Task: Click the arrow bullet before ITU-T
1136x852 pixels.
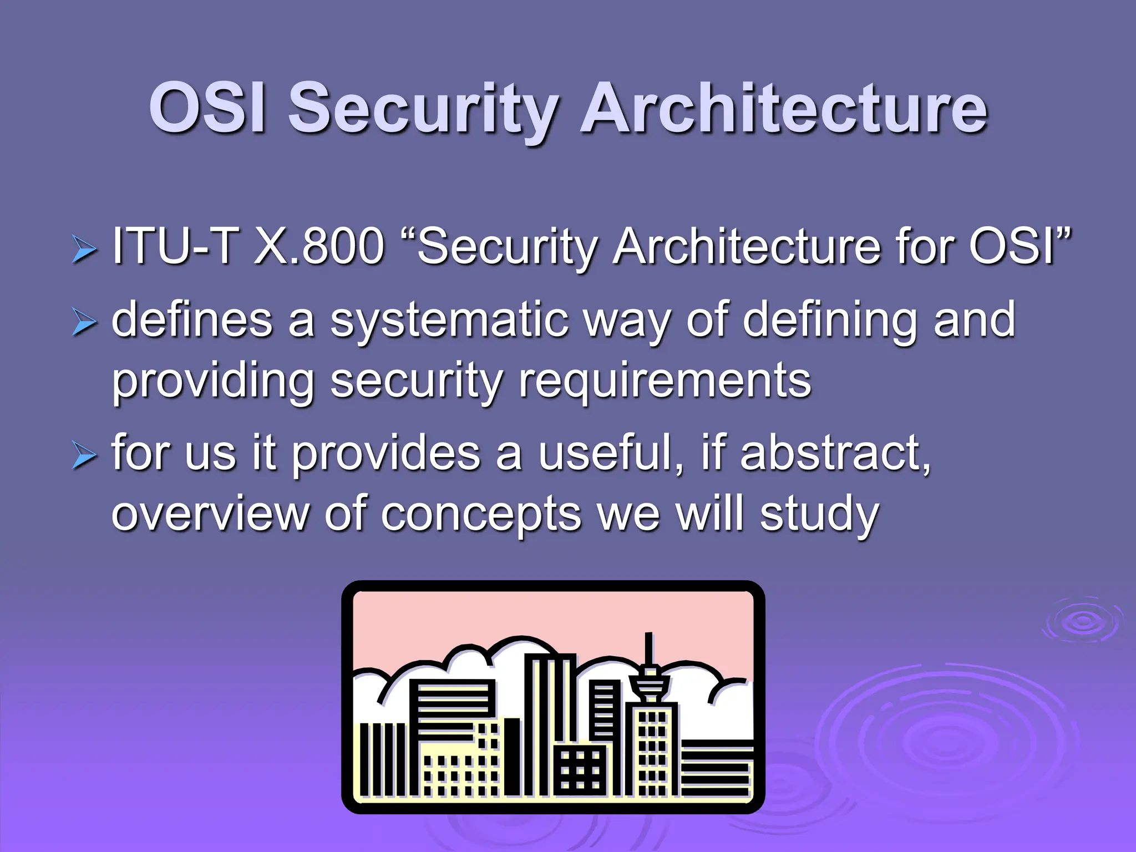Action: coord(84,249)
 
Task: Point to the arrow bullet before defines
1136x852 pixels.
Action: coord(84,323)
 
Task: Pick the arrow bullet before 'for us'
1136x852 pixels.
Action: coord(84,456)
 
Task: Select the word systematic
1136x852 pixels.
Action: coord(449,322)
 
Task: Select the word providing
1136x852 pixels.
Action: coord(213,383)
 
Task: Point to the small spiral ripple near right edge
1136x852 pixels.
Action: coord(1082,621)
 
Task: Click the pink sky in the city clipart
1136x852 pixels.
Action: coord(555,616)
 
